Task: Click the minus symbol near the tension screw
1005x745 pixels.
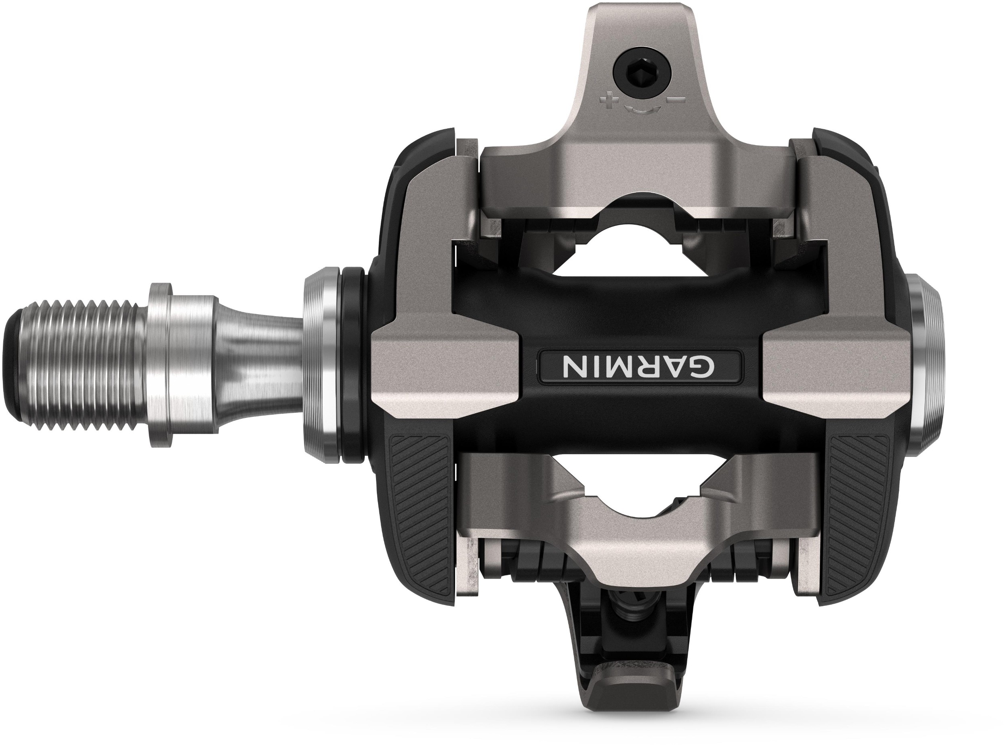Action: point(680,98)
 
